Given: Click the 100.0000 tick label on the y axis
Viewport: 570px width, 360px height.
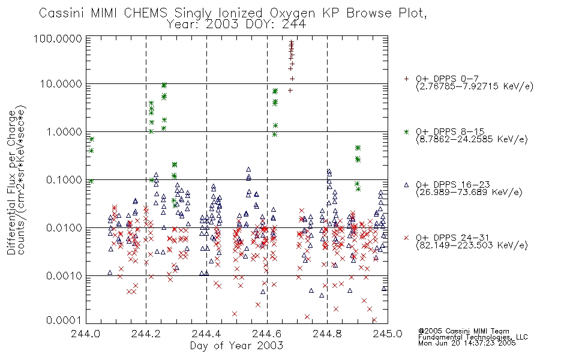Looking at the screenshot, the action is pyautogui.click(x=58, y=38).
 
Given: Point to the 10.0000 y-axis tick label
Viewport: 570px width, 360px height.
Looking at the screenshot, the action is pyautogui.click(x=61, y=84).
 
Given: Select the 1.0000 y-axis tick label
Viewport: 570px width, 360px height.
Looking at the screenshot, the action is pyautogui.click(x=64, y=131).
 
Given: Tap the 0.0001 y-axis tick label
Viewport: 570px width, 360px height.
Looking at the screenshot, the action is pyautogui.click(x=64, y=320).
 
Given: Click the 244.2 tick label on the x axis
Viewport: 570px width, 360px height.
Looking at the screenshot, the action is pyautogui.click(x=146, y=334).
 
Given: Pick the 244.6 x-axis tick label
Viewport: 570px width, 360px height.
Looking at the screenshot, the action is pyautogui.click(x=267, y=334).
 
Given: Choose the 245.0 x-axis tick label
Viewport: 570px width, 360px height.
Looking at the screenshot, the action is pyautogui.click(x=388, y=334).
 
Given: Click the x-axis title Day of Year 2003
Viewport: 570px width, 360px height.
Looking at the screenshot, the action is pyautogui.click(x=236, y=346).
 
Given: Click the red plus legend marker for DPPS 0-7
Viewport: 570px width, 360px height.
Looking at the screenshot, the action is pyautogui.click(x=406, y=79).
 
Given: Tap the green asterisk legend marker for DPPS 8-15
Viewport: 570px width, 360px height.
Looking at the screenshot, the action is pyautogui.click(x=406, y=131).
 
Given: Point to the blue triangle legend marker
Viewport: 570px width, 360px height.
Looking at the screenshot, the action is pyautogui.click(x=406, y=185).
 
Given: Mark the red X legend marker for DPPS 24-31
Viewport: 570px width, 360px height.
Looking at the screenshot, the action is pyautogui.click(x=406, y=238).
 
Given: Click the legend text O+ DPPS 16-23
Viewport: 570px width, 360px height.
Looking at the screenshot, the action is pyautogui.click(x=453, y=185).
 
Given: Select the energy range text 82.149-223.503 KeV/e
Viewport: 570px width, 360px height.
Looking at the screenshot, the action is pyautogui.click(x=472, y=245).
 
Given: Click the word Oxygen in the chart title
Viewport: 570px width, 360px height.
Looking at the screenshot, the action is pyautogui.click(x=293, y=13).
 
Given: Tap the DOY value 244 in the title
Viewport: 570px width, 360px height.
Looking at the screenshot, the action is pyautogui.click(x=295, y=25).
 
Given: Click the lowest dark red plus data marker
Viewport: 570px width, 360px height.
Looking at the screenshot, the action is pyautogui.click(x=290, y=91).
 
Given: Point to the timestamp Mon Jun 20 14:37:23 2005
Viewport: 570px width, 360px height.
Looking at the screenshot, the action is pyautogui.click(x=467, y=343).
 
